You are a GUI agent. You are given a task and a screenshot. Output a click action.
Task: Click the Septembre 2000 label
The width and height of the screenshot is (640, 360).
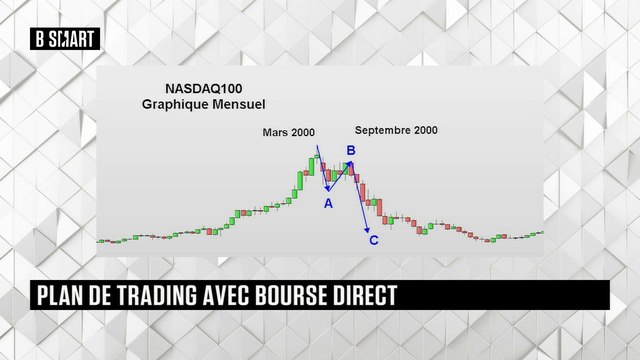tap(397, 130)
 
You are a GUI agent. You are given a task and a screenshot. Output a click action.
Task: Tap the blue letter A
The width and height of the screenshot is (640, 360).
tap(327, 203)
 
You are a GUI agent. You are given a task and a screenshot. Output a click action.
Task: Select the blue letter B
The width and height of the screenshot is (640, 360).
tap(351, 151)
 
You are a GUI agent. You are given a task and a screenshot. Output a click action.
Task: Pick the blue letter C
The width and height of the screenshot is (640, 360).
tap(374, 240)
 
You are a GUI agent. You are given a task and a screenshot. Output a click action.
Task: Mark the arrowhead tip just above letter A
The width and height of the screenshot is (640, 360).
tap(327, 189)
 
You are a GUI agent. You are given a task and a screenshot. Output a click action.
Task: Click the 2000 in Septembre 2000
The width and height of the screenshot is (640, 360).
tap(424, 130)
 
